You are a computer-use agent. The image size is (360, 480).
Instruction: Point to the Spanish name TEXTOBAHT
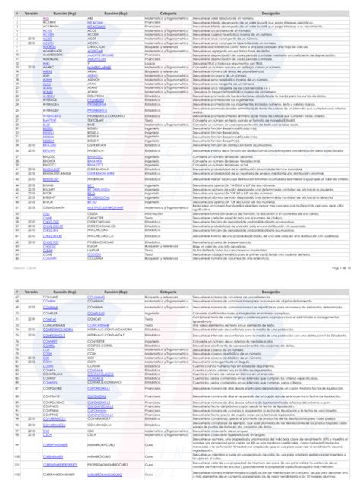(94, 121)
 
